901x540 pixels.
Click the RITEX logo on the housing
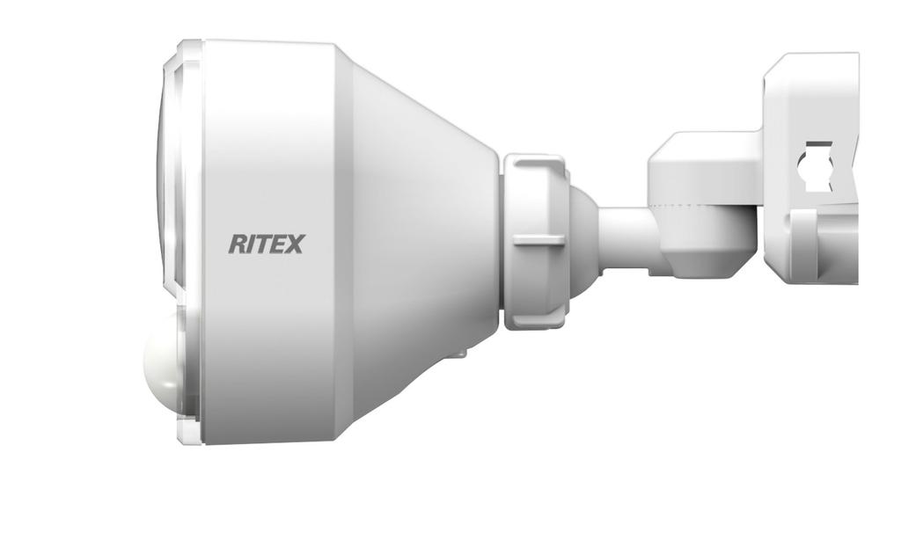tap(266, 244)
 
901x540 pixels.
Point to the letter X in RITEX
tap(294, 244)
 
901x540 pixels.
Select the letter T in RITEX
tap(262, 244)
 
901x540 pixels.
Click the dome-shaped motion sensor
tap(164, 365)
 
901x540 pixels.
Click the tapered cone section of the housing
tap(422, 237)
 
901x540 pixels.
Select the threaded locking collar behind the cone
tap(534, 242)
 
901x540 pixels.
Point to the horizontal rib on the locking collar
tap(538, 238)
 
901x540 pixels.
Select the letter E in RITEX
tap(279, 244)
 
